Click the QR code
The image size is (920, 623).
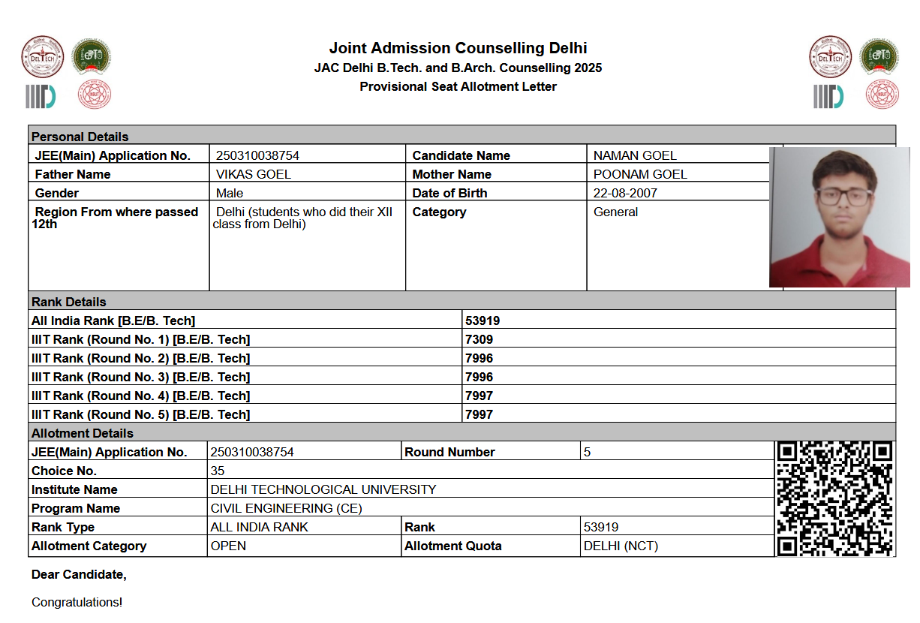tap(834, 498)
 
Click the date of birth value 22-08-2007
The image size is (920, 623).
tap(625, 193)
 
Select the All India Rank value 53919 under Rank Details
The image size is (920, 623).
tap(483, 321)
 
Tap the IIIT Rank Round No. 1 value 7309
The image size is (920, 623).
tap(479, 339)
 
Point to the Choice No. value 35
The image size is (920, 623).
tap(218, 471)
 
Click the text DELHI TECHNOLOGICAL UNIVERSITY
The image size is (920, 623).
tap(323, 489)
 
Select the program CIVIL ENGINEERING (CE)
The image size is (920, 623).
tap(286, 508)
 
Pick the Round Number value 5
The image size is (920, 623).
tap(588, 452)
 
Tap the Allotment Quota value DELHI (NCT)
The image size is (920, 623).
tap(621, 546)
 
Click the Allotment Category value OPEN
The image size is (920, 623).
tap(228, 546)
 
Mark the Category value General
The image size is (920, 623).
tap(615, 212)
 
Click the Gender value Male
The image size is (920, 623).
tap(230, 193)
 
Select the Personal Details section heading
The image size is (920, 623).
tap(80, 137)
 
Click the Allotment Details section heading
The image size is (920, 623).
tap(83, 433)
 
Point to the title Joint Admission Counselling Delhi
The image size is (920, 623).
tap(458, 48)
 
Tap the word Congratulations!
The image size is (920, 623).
tap(77, 602)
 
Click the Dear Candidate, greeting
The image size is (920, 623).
tap(79, 575)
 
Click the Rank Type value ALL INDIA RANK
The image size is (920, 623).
tap(259, 527)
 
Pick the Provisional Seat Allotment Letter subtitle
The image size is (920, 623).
tap(458, 86)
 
